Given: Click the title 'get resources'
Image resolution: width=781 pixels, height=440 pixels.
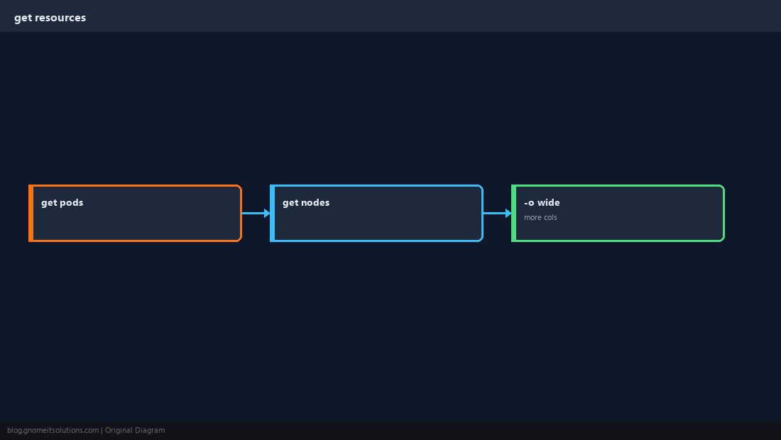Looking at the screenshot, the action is pyautogui.click(x=50, y=18).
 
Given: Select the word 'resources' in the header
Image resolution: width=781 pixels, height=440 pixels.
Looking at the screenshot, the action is pyautogui.click(x=60, y=18).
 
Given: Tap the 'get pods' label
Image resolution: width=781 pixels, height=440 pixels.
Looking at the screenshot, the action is pyautogui.click(x=62, y=202).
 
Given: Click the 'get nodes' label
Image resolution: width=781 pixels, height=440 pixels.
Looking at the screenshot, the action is pyautogui.click(x=306, y=202).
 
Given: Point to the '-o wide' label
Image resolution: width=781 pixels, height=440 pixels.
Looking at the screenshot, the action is pyautogui.click(x=542, y=202).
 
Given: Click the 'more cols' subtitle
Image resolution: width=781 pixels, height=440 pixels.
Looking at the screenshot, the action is pyautogui.click(x=540, y=217).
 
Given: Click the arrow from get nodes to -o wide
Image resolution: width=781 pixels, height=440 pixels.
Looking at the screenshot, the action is pyautogui.click(x=497, y=213).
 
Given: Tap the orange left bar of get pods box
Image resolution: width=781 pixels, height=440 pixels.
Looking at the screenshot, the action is pyautogui.click(x=31, y=213).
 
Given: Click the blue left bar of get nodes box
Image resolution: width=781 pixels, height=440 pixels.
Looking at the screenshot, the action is pyautogui.click(x=273, y=213).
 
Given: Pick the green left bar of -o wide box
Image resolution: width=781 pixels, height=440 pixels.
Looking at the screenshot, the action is pyautogui.click(x=514, y=213).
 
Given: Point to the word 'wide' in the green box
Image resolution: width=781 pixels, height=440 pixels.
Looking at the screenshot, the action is pyautogui.click(x=548, y=202).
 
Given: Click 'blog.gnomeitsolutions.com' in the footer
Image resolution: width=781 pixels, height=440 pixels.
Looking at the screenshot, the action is pyautogui.click(x=53, y=431).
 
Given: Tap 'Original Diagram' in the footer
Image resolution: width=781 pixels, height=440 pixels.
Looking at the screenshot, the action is pyautogui.click(x=135, y=431).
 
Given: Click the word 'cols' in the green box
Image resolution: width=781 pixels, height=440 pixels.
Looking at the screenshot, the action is pyautogui.click(x=550, y=217).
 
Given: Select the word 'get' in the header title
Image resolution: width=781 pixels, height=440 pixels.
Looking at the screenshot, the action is pyautogui.click(x=23, y=18).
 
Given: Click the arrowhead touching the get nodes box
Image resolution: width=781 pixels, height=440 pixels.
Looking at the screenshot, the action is pyautogui.click(x=267, y=213).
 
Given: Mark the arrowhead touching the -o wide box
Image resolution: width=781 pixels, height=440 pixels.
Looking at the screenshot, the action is pyautogui.click(x=508, y=213).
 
